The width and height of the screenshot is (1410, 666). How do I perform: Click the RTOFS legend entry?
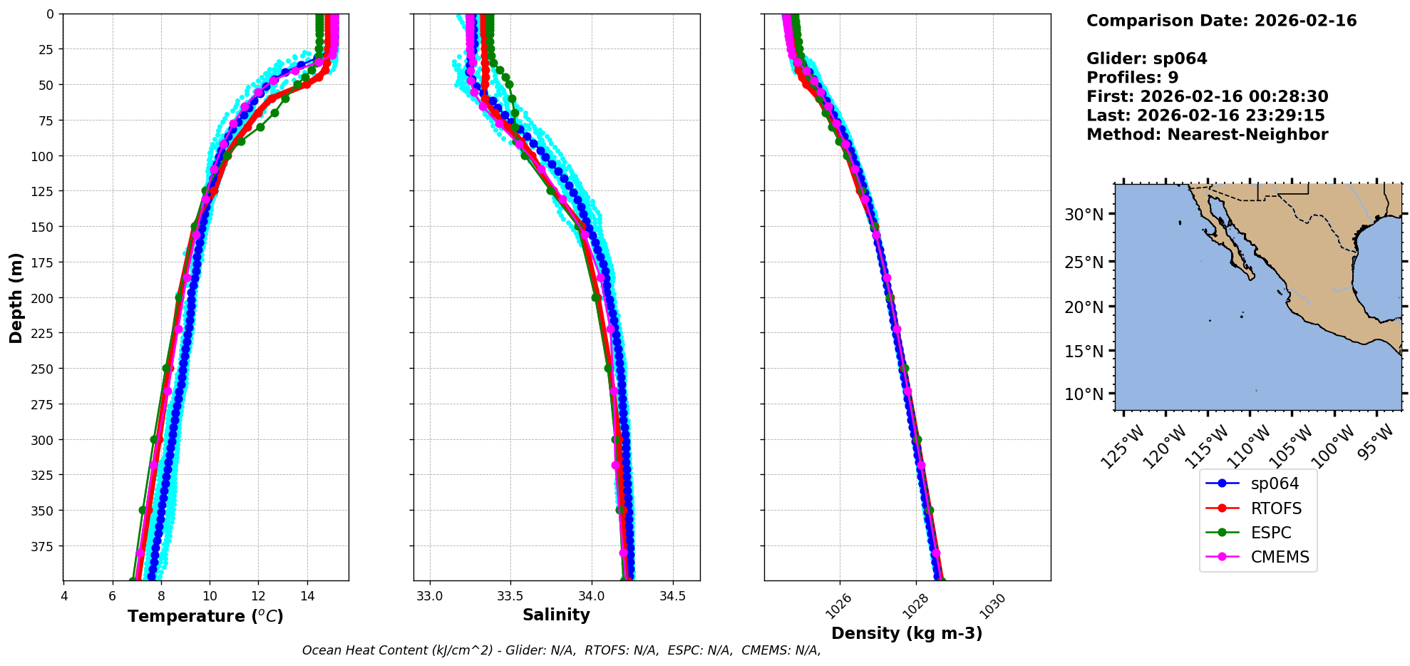1275,508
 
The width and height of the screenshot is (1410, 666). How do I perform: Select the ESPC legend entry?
1270,533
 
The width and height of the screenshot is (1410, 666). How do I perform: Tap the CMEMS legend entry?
1280,557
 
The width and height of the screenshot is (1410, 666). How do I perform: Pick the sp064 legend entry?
1275,483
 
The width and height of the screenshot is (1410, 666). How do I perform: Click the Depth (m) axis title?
16,297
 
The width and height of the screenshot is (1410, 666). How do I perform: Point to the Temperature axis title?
205,616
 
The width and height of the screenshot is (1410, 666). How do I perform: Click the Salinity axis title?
556,615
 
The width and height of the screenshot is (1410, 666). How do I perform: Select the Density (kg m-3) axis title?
907,633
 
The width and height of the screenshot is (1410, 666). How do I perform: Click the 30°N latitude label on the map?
1084,215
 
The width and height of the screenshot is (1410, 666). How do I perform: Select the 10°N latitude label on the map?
1084,394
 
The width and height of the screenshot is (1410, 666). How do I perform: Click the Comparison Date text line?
1221,21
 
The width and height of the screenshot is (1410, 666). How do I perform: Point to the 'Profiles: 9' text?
1132,78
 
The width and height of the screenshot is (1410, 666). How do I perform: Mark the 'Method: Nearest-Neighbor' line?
1207,135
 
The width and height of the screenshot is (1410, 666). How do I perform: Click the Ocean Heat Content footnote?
561,650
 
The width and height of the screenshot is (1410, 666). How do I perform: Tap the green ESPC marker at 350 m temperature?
143,510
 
